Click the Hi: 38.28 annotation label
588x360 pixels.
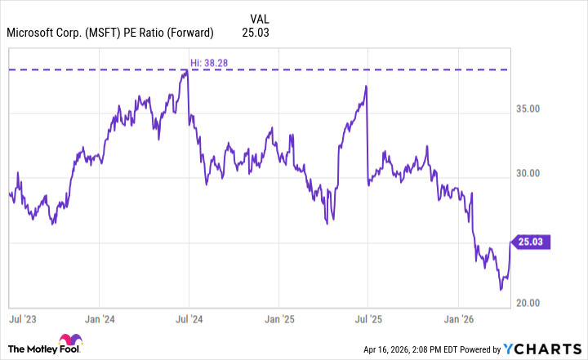207,62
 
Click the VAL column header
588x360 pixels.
256,17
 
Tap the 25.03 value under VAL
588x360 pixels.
256,33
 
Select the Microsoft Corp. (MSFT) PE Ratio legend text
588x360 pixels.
110,33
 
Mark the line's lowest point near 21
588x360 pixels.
501,289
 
